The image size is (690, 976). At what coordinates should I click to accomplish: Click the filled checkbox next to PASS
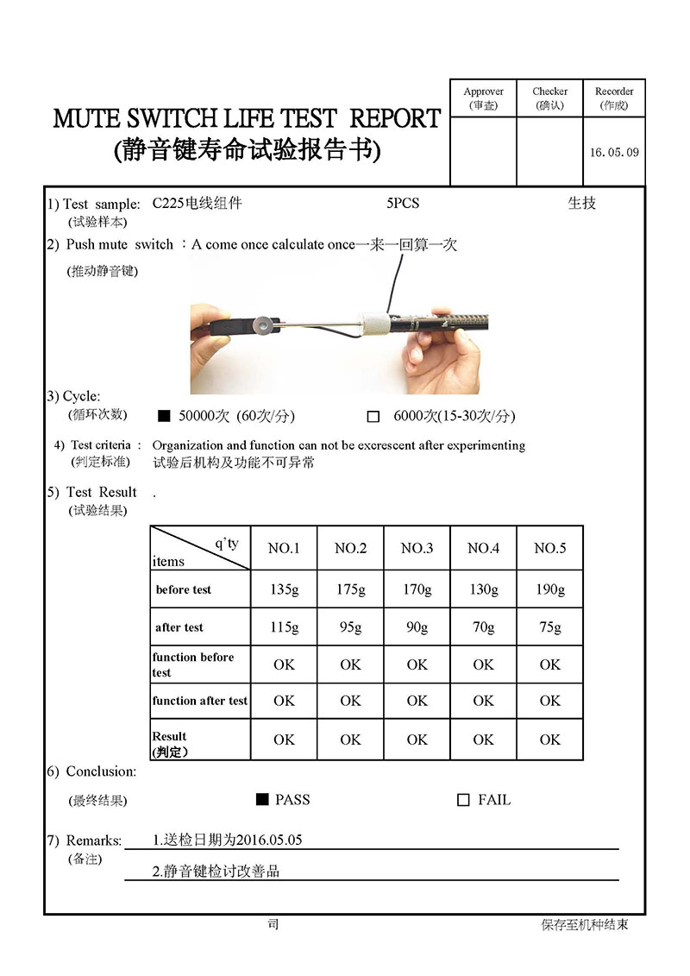pyautogui.click(x=262, y=799)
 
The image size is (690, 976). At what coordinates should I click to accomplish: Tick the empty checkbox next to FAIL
pyautogui.click(x=463, y=800)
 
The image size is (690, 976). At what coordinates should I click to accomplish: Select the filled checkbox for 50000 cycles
pyautogui.click(x=164, y=416)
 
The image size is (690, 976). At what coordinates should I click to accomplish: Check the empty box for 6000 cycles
pyautogui.click(x=373, y=416)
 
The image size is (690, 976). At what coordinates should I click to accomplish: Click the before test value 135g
pyautogui.click(x=284, y=589)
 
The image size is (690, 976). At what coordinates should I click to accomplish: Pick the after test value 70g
pyautogui.click(x=483, y=627)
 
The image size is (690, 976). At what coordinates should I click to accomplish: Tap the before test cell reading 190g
pyautogui.click(x=549, y=589)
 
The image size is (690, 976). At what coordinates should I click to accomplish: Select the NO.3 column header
pyautogui.click(x=417, y=548)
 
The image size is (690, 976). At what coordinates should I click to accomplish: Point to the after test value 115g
pyautogui.click(x=284, y=627)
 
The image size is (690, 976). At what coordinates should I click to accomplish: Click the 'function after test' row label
pyautogui.click(x=200, y=701)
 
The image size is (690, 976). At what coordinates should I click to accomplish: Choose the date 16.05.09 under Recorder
pyautogui.click(x=614, y=152)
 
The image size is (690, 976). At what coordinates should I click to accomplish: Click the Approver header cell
pyautogui.click(x=483, y=98)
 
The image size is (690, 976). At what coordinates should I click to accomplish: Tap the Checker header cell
pyautogui.click(x=549, y=98)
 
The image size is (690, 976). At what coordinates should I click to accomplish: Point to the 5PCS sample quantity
pyautogui.click(x=403, y=204)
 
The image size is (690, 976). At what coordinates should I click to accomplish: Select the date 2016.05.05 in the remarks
pyautogui.click(x=264, y=840)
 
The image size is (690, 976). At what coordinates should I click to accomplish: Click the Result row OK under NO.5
pyautogui.click(x=549, y=740)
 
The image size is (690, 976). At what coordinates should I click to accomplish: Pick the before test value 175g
pyautogui.click(x=350, y=589)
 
